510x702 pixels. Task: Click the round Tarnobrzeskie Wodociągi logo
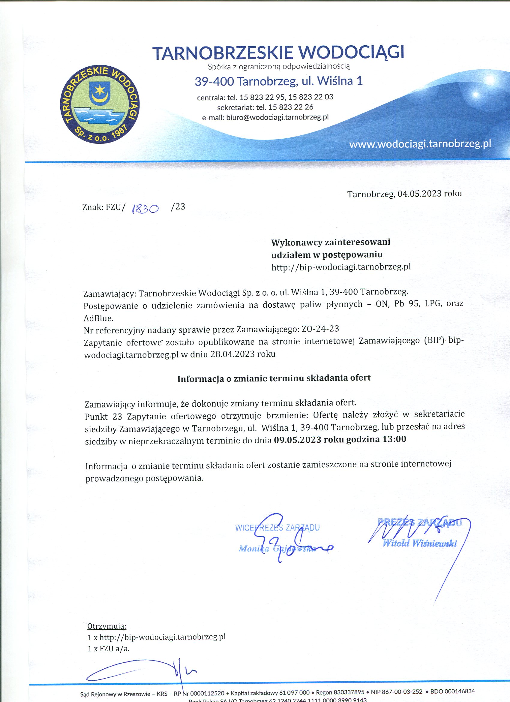[100, 105]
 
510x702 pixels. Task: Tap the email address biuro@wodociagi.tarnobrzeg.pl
[277, 117]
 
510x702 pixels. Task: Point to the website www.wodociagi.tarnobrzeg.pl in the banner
[420, 144]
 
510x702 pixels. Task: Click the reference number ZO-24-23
[320, 328]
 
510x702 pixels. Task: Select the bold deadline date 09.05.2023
[297, 439]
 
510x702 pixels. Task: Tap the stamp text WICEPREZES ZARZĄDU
[277, 527]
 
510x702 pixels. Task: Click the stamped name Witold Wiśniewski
[419, 543]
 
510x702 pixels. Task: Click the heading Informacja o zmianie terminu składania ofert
[274, 378]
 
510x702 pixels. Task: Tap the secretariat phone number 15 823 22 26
[291, 107]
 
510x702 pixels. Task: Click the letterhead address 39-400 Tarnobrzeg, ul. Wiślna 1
[278, 81]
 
